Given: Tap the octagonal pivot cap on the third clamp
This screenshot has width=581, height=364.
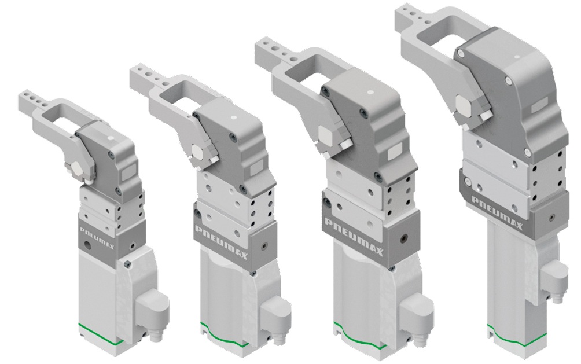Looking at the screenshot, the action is (325, 135).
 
